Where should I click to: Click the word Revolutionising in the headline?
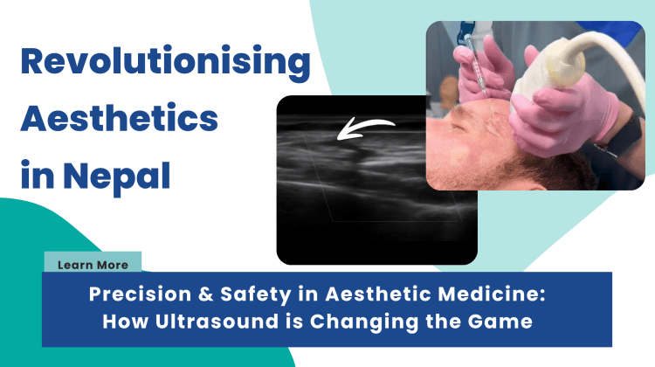coord(165,63)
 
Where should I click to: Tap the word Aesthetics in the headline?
coord(120,117)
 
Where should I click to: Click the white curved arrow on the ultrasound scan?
coord(366,128)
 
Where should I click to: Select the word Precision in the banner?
coord(140,294)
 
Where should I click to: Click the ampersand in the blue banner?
coord(205,294)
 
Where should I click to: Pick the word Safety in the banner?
coord(256,294)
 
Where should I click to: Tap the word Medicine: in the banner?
coord(491,294)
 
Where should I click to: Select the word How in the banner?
coord(125,322)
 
